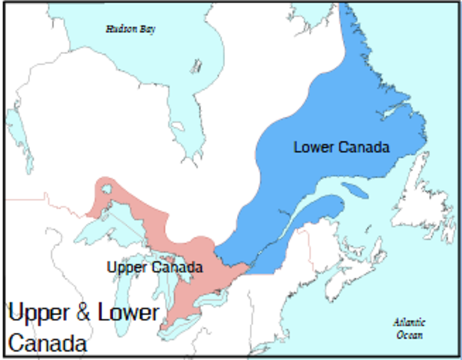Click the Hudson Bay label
125,29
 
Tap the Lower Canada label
341,147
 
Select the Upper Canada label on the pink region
154,267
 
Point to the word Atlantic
409,322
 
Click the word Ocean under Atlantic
409,334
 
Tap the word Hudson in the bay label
116,29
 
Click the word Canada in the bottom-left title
47,344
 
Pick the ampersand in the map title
83,313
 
